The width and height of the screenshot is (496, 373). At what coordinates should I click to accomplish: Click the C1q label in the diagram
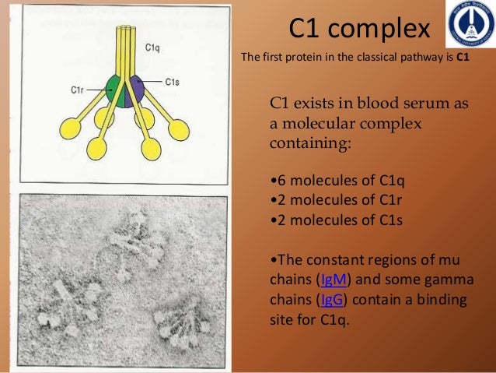pos(153,48)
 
